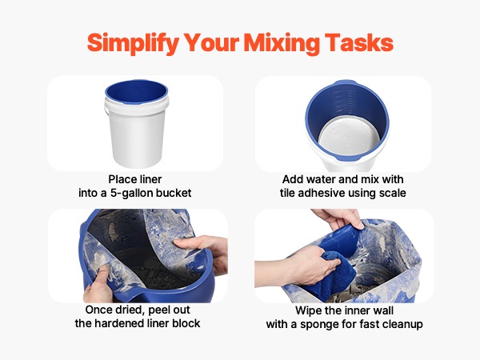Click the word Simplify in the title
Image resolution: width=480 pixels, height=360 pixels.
pyautogui.click(x=133, y=43)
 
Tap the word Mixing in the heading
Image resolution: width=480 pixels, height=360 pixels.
pyautogui.click(x=282, y=43)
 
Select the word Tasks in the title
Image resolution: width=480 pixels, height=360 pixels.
pyautogui.click(x=359, y=42)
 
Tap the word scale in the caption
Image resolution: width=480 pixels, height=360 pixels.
pyautogui.click(x=393, y=193)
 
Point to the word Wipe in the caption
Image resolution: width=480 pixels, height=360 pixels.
pyautogui.click(x=307, y=310)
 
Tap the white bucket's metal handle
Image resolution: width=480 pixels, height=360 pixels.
pyautogui.click(x=106, y=109)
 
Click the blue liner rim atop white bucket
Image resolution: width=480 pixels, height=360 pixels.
pyautogui.click(x=137, y=92)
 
